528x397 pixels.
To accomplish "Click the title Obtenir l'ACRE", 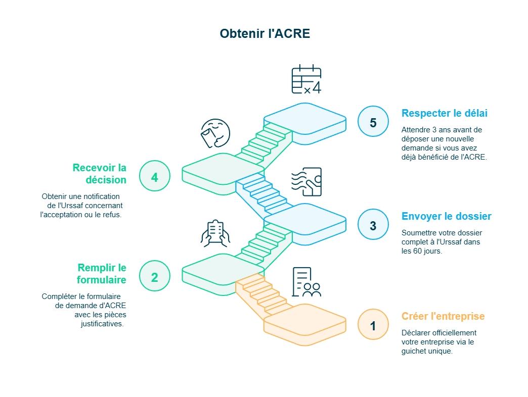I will pyautogui.click(x=265, y=34).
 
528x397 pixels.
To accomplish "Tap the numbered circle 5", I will pyautogui.click(x=373, y=123).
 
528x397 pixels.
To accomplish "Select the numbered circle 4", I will pyautogui.click(x=154, y=177).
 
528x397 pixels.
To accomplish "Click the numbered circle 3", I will pyautogui.click(x=373, y=226).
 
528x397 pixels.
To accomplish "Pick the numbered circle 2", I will pyautogui.click(x=154, y=277).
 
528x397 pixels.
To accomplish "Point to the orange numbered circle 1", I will pyautogui.click(x=373, y=326).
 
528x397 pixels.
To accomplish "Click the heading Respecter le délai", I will pyautogui.click(x=445, y=113).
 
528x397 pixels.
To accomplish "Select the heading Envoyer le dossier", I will pyautogui.click(x=446, y=216).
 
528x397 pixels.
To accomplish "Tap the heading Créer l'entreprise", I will pyautogui.click(x=443, y=316).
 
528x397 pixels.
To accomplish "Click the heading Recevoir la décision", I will pyautogui.click(x=100, y=174).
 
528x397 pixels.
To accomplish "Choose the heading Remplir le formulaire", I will pyautogui.click(x=102, y=274).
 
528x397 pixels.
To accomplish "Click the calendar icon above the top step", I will pyautogui.click(x=306, y=79).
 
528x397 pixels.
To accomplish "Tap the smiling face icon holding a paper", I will pyautogui.click(x=215, y=133).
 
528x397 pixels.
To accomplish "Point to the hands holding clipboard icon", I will pyautogui.click(x=215, y=233).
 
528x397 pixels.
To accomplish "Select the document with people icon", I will pyautogui.click(x=306, y=282).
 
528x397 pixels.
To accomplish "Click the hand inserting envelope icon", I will pyautogui.click(x=306, y=181).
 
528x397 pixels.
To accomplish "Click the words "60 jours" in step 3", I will pyautogui.click(x=426, y=251).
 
